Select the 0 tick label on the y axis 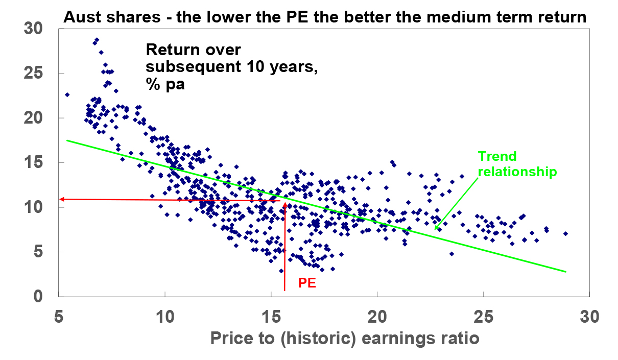click(38, 296)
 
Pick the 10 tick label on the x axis click(165, 317)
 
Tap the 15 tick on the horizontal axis click(271, 317)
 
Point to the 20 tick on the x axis click(376, 317)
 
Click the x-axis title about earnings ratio click(345, 339)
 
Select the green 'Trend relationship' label click(516, 164)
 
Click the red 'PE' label click(306, 281)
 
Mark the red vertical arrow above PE click(284, 245)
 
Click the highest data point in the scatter click(97, 39)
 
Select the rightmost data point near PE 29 click(565, 234)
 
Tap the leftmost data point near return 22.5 click(67, 94)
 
